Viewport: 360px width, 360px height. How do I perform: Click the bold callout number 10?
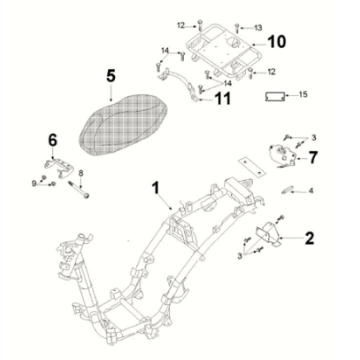(x=276, y=42)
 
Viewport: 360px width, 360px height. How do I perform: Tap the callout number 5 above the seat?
(x=111, y=77)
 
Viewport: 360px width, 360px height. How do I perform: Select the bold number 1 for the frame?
(x=156, y=188)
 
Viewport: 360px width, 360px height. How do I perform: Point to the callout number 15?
(x=303, y=95)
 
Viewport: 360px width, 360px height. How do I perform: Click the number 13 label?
(x=258, y=28)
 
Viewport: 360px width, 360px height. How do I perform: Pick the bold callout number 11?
(x=222, y=99)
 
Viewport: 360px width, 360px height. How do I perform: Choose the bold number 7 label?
(x=312, y=158)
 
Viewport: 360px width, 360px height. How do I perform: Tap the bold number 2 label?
(x=309, y=238)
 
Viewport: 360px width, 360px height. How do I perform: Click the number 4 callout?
(x=311, y=191)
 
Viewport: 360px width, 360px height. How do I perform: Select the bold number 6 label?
(x=53, y=140)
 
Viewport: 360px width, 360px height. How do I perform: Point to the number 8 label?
(x=80, y=173)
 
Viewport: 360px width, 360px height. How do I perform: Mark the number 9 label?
(x=34, y=184)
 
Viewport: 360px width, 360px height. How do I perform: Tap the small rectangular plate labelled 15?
(x=274, y=96)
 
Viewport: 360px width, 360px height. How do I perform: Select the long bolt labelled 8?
(x=78, y=190)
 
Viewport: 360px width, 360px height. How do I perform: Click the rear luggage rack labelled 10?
(x=222, y=52)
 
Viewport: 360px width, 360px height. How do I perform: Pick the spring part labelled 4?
(x=286, y=191)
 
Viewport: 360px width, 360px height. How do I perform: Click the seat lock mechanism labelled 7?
(x=283, y=154)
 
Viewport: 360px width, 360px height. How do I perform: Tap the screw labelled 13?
(x=237, y=28)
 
